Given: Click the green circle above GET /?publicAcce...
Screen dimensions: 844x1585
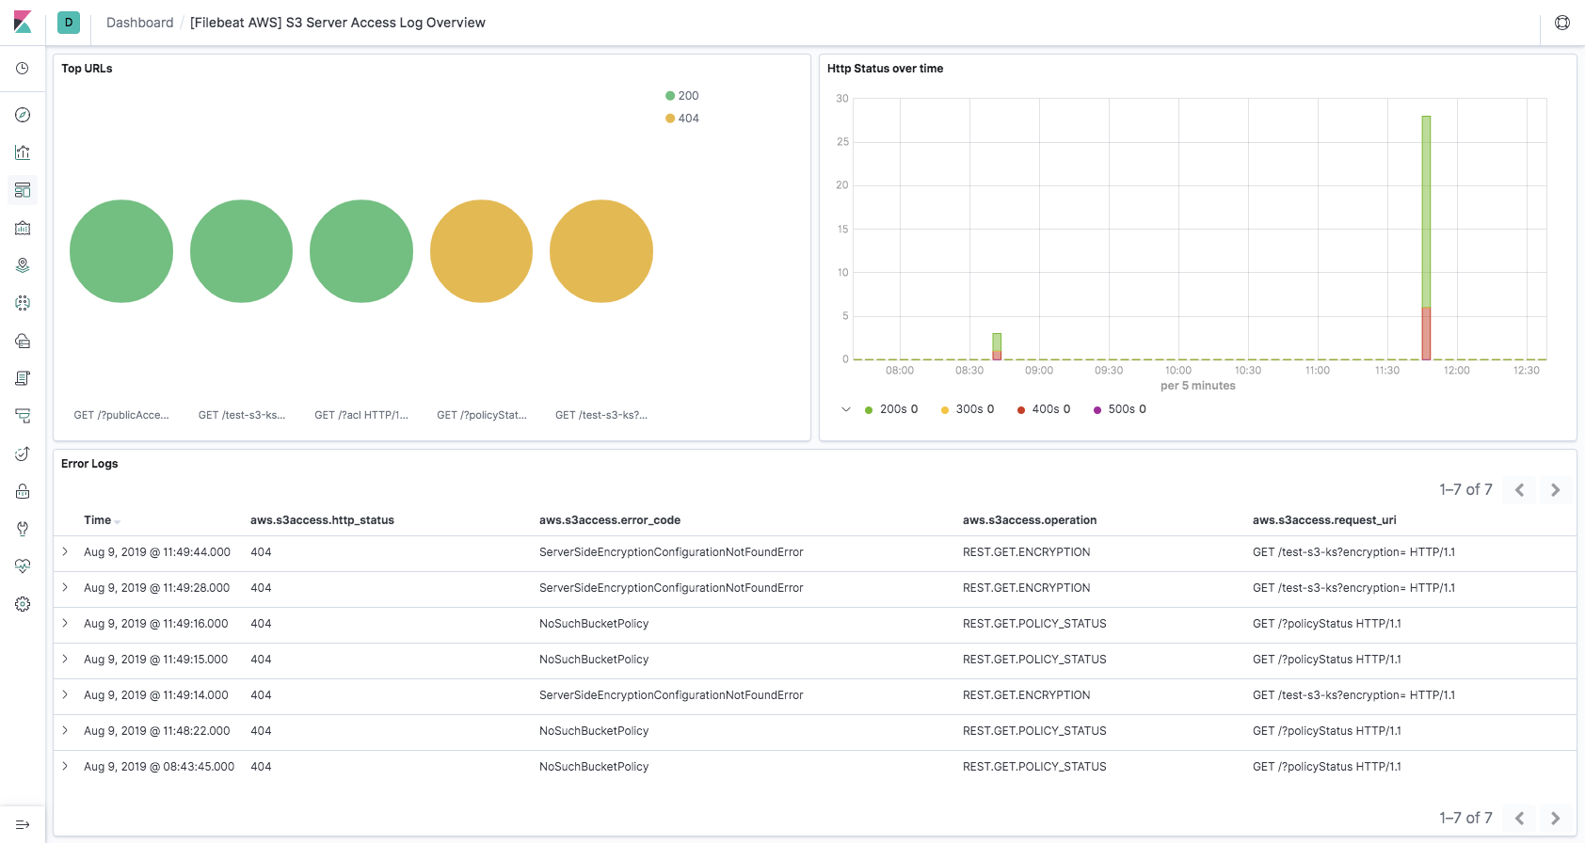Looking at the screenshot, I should point(121,251).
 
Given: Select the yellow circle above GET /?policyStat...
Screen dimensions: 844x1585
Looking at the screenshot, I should point(481,251).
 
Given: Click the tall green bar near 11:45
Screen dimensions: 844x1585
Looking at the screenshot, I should point(1426,212).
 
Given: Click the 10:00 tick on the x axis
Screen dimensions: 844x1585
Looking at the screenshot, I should point(1178,371).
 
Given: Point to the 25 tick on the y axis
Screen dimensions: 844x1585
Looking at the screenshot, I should point(842,142).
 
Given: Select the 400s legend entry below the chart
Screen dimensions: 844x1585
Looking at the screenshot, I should point(1044,409).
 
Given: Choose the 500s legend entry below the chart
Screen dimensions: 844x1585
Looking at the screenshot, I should point(1120,409).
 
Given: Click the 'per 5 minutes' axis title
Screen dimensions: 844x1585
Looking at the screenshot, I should point(1197,386).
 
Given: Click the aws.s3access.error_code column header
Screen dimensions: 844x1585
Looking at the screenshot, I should point(609,520).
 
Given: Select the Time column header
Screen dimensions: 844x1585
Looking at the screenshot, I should point(98,520).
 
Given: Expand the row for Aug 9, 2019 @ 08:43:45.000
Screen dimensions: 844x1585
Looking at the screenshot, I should point(65,766).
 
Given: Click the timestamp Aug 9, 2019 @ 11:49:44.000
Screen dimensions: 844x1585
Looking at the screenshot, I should point(157,552).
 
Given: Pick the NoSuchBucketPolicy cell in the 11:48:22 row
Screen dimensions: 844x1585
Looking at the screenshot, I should point(594,731).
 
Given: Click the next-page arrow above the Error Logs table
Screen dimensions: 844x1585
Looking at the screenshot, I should point(1555,490).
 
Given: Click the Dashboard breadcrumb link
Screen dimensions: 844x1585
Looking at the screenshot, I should point(139,23).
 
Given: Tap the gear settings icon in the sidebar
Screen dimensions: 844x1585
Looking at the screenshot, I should point(23,604).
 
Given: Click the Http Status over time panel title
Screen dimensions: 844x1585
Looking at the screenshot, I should point(885,69).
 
